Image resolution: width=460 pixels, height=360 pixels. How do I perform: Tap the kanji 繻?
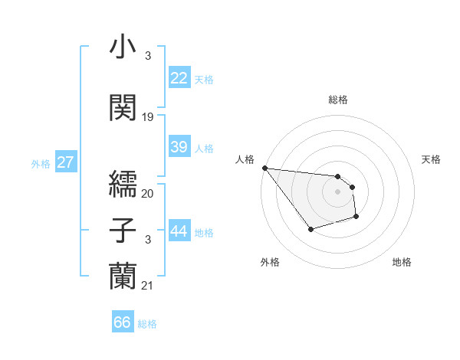pos(123,182)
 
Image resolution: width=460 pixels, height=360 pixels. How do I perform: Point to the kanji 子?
pos(123,230)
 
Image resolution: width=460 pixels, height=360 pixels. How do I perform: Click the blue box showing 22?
pos(179,78)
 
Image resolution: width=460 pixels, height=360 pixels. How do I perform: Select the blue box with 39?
pos(179,147)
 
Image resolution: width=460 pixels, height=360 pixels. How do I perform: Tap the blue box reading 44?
pos(179,231)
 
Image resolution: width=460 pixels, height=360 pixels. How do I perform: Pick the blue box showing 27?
pos(66,162)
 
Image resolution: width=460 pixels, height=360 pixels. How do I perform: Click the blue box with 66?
pos(123,322)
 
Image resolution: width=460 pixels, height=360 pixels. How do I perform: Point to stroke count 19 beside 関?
pos(148,117)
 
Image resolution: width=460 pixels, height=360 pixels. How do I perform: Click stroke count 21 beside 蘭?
pos(148,286)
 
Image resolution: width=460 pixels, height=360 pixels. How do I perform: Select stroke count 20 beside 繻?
pos(148,194)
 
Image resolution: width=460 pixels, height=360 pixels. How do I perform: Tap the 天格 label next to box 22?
pos(204,79)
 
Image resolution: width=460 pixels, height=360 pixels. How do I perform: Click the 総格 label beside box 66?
pos(147,324)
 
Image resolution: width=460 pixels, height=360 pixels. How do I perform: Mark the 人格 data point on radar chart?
pos(264,168)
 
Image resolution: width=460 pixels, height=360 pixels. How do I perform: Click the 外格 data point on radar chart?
pos(310,229)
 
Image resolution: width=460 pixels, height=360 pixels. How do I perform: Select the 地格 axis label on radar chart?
pos(402,263)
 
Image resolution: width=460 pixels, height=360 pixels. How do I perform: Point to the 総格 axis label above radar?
pos(337,100)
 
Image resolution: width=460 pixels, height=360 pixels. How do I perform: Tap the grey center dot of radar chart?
pos(337,191)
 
